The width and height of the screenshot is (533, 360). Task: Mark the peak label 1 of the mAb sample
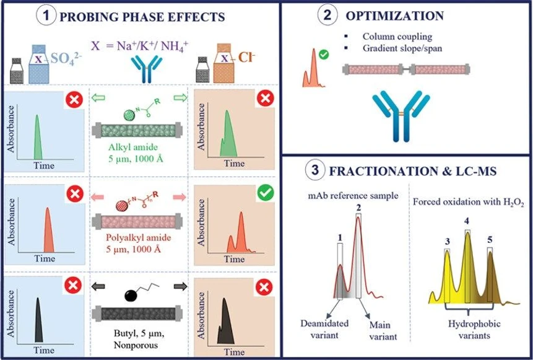[x=339, y=237]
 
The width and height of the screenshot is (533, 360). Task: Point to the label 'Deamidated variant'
[x=324, y=329]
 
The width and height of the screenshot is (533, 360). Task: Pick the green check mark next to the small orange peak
[x=324, y=55]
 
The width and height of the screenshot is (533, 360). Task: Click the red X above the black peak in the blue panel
[x=74, y=285]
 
